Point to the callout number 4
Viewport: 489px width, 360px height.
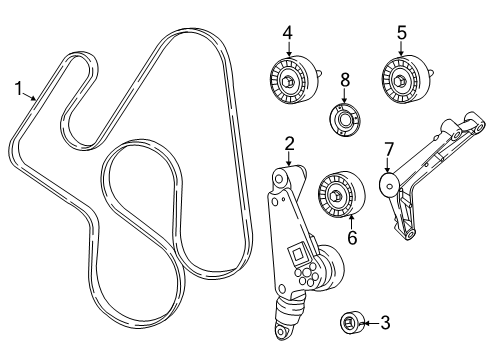point(288,32)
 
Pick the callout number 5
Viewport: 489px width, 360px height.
point(402,32)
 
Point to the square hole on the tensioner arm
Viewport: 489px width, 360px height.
point(296,255)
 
